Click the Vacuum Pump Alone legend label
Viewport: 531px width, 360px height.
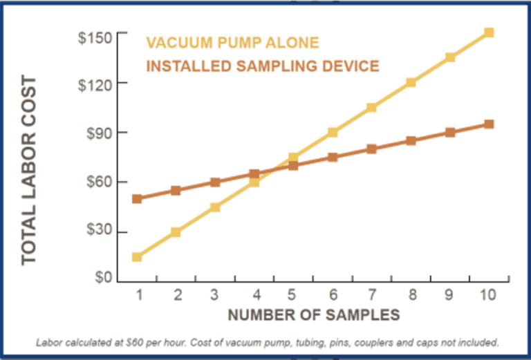click(233, 43)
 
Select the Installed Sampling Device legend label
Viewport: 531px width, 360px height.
click(263, 66)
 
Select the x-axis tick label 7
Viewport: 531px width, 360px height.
click(371, 295)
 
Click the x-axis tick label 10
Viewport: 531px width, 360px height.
click(488, 295)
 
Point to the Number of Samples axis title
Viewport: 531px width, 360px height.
click(313, 315)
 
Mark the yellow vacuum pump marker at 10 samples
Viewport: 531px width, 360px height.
click(489, 32)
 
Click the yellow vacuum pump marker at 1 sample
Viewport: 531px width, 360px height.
click(137, 257)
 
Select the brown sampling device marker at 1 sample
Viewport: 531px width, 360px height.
click(137, 199)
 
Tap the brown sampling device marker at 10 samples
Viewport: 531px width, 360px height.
click(489, 124)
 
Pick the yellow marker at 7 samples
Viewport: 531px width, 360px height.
click(371, 107)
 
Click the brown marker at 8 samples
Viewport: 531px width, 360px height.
click(411, 141)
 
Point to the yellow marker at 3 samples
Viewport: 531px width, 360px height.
click(215, 207)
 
